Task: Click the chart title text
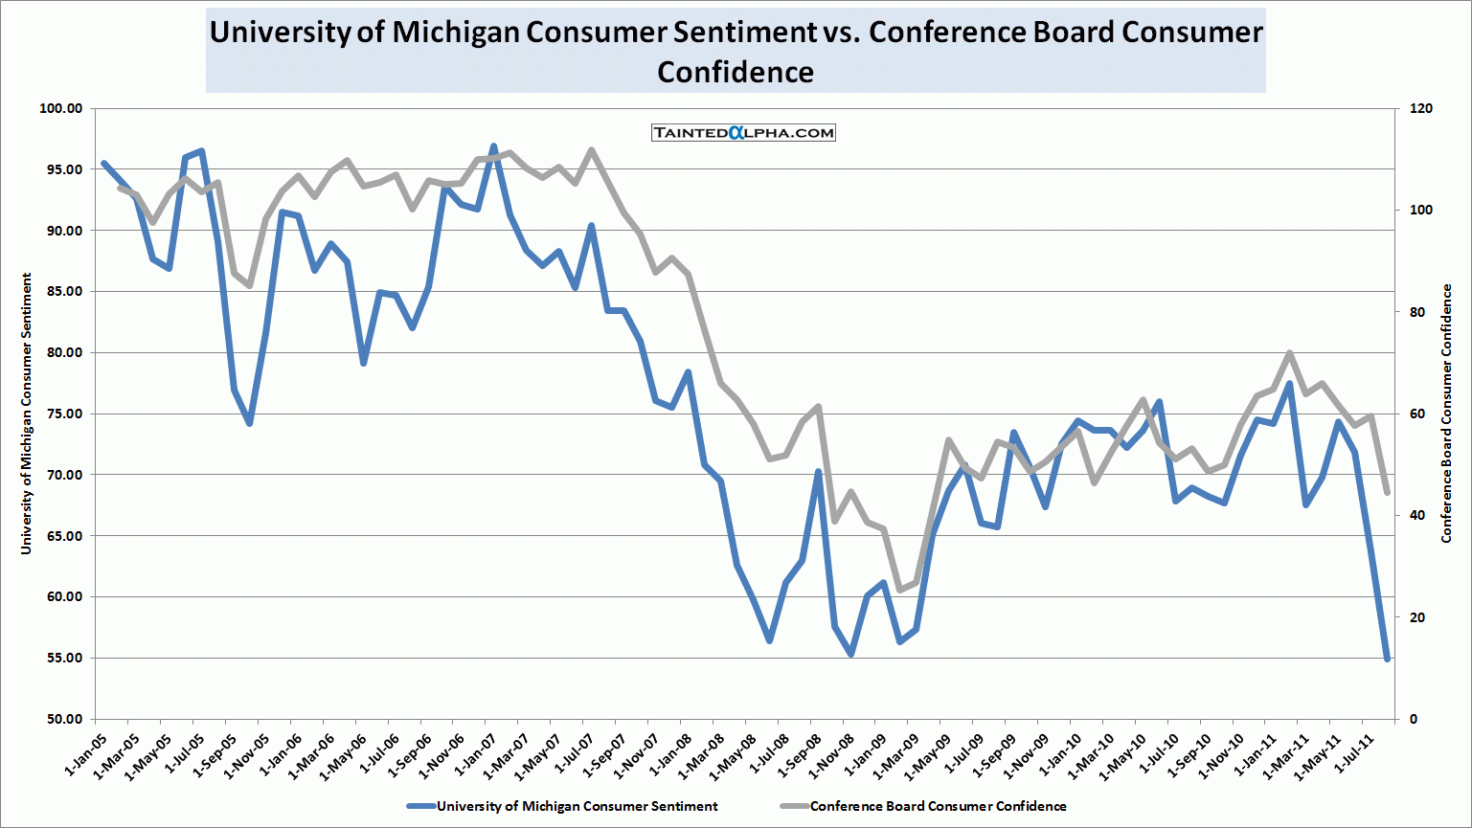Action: (x=736, y=52)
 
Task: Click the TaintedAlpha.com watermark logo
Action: (x=743, y=133)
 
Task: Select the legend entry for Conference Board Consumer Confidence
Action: (x=938, y=806)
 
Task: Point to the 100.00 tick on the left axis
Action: (x=61, y=108)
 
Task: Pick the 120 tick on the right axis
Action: (x=1421, y=108)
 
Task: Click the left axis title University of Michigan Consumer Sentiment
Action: (x=27, y=414)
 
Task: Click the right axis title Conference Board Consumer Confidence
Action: (x=1447, y=414)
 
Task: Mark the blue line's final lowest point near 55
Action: (x=1387, y=659)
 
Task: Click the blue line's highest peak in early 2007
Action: (x=493, y=146)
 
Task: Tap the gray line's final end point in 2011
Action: (x=1387, y=493)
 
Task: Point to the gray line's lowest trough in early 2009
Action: (x=899, y=590)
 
